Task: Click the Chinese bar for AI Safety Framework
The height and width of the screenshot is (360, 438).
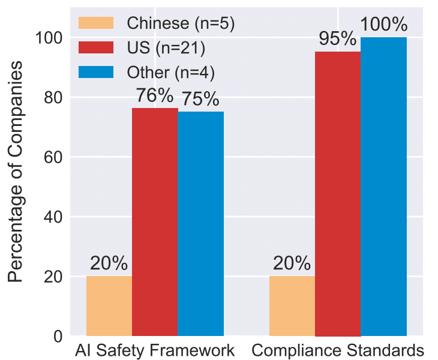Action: pyautogui.click(x=109, y=306)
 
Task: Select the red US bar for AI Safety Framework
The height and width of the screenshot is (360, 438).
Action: pyautogui.click(x=155, y=222)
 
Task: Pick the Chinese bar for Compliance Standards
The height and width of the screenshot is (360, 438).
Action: pyautogui.click(x=292, y=306)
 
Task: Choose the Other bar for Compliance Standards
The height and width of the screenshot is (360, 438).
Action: pyautogui.click(x=383, y=186)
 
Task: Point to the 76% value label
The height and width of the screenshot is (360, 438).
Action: pyautogui.click(x=155, y=96)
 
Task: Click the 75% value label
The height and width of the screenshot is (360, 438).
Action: pyautogui.click(x=200, y=100)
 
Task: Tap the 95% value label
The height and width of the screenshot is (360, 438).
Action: pyautogui.click(x=338, y=40)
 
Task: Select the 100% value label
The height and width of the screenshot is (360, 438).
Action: pyautogui.click(x=384, y=25)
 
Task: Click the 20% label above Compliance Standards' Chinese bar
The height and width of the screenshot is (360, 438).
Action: pyautogui.click(x=292, y=263)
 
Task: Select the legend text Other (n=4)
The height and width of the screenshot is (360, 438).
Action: pyautogui.click(x=171, y=72)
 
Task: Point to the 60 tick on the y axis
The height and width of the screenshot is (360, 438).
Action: pyautogui.click(x=53, y=157)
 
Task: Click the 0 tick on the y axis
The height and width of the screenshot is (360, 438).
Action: pyautogui.click(x=58, y=336)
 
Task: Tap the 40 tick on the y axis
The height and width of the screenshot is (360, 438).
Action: pyautogui.click(x=53, y=217)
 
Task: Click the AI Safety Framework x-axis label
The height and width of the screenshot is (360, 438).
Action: pyautogui.click(x=155, y=350)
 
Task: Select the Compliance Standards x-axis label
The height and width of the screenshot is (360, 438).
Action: pyautogui.click(x=338, y=350)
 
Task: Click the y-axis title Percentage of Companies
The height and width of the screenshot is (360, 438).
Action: pyautogui.click(x=17, y=171)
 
